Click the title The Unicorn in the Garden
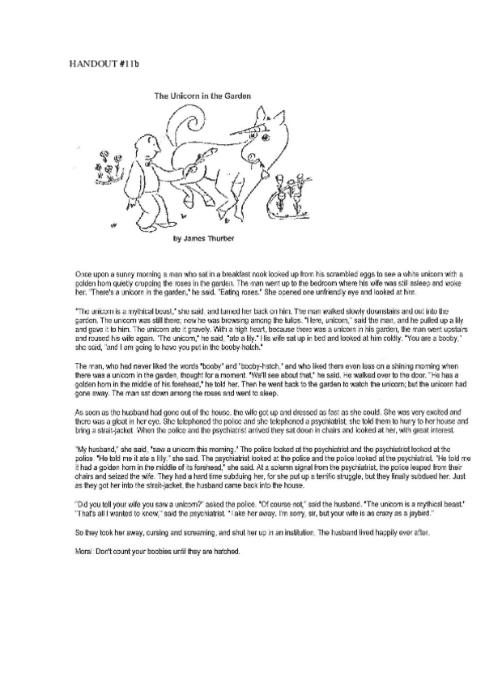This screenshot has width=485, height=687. [x=202, y=96]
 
